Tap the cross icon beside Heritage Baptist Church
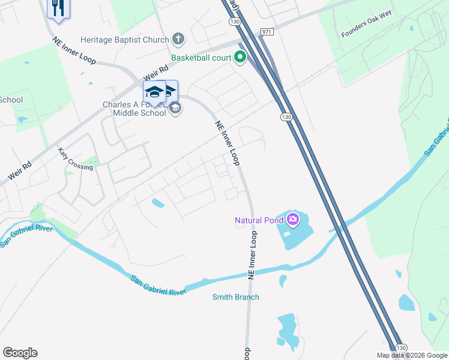pyautogui.click(x=178, y=40)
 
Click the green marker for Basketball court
pyautogui.click(x=240, y=58)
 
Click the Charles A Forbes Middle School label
pyautogui.click(x=134, y=109)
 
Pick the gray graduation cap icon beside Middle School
pyautogui.click(x=175, y=108)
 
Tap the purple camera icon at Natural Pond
pyautogui.click(x=292, y=219)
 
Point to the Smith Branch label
pyautogui.click(x=236, y=297)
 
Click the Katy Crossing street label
pyautogui.click(x=76, y=159)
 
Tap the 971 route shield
pyautogui.click(x=267, y=31)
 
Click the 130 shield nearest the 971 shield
pyautogui.click(x=234, y=22)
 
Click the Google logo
pyautogui.click(x=20, y=353)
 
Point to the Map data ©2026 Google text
pyautogui.click(x=411, y=355)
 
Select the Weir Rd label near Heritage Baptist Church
pyautogui.click(x=154, y=73)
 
